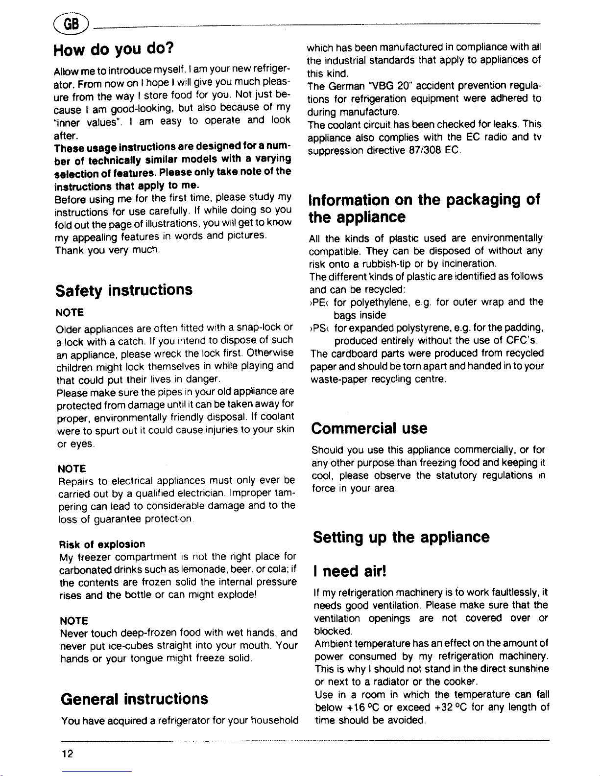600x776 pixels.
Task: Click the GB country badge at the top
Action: pos(72,24)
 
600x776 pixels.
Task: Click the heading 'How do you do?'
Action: pos(114,49)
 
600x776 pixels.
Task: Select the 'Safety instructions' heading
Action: pos(123,290)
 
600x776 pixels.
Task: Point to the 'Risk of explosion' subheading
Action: pos(102,544)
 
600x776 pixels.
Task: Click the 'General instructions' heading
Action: pos(134,698)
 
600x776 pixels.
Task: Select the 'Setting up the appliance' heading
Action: pos(401,537)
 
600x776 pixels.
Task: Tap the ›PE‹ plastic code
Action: pos(318,302)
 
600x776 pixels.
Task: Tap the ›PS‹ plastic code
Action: pos(318,328)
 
